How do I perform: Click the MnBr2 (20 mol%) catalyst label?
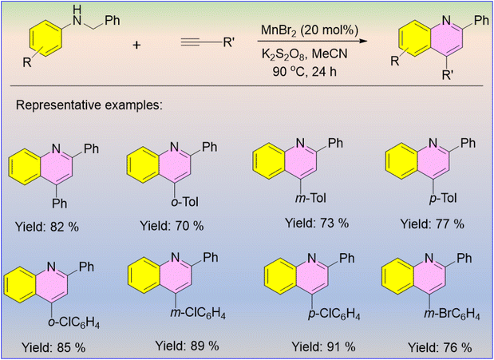[310, 30]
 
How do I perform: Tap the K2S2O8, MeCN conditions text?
[304, 54]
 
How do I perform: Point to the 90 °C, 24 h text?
[305, 72]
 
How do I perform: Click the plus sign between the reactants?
[136, 45]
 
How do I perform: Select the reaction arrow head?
[363, 41]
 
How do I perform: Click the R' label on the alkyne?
[228, 42]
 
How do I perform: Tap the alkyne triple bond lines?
[194, 42]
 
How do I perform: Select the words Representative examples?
[89, 105]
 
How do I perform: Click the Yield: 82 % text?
[46, 227]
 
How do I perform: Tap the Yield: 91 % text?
[323, 347]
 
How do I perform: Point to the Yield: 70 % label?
[172, 226]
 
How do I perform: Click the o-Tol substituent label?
[184, 201]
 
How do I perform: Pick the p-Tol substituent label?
[443, 199]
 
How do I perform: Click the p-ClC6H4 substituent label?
[334, 315]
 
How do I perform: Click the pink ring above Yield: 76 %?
[429, 277]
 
